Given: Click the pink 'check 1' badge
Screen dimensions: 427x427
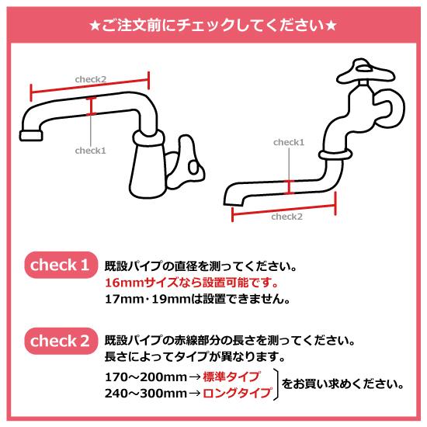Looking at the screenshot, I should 60,266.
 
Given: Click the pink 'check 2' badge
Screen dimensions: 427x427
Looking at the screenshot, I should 60,339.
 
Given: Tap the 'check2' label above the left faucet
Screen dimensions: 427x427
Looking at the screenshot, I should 90,78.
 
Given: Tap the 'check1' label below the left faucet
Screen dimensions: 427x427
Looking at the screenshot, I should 90,151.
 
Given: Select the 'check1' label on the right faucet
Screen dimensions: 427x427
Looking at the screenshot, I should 289,143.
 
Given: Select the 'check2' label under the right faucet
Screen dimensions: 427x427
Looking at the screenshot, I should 287,217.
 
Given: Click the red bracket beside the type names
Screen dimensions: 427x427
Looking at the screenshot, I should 276,385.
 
